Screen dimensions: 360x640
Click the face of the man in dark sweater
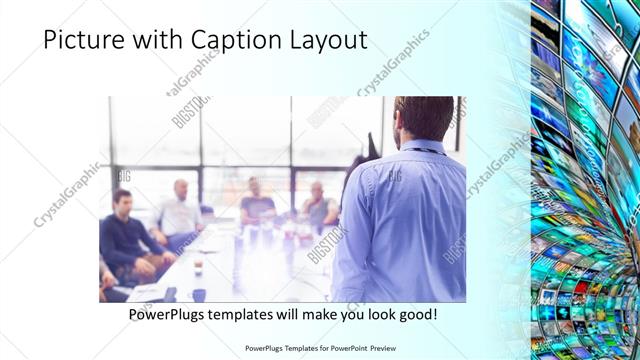tap(122, 201)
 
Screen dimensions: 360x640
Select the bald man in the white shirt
tap(180, 210)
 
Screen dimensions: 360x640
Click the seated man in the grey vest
tap(319, 204)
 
